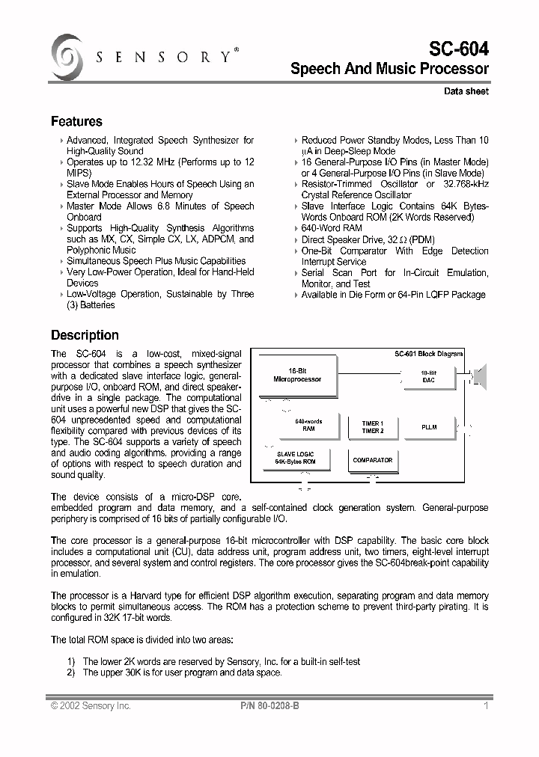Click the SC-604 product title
pyautogui.click(x=458, y=49)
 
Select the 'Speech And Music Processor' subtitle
pyautogui.click(x=389, y=70)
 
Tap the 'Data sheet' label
pyautogui.click(x=466, y=91)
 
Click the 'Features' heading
pyautogui.click(x=76, y=121)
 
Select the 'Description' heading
pyautogui.click(x=85, y=335)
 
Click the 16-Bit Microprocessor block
pyautogui.click(x=296, y=375)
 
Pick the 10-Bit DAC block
pyautogui.click(x=428, y=376)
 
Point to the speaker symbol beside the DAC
pyautogui.click(x=479, y=375)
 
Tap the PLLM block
pyautogui.click(x=429, y=427)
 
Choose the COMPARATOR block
pyautogui.click(x=372, y=460)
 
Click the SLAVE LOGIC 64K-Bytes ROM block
pyautogui.click(x=296, y=458)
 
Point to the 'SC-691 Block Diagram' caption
pyautogui.click(x=429, y=354)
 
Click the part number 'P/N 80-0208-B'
pyautogui.click(x=270, y=705)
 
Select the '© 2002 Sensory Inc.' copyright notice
pyautogui.click(x=91, y=705)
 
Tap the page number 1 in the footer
pyautogui.click(x=486, y=705)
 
